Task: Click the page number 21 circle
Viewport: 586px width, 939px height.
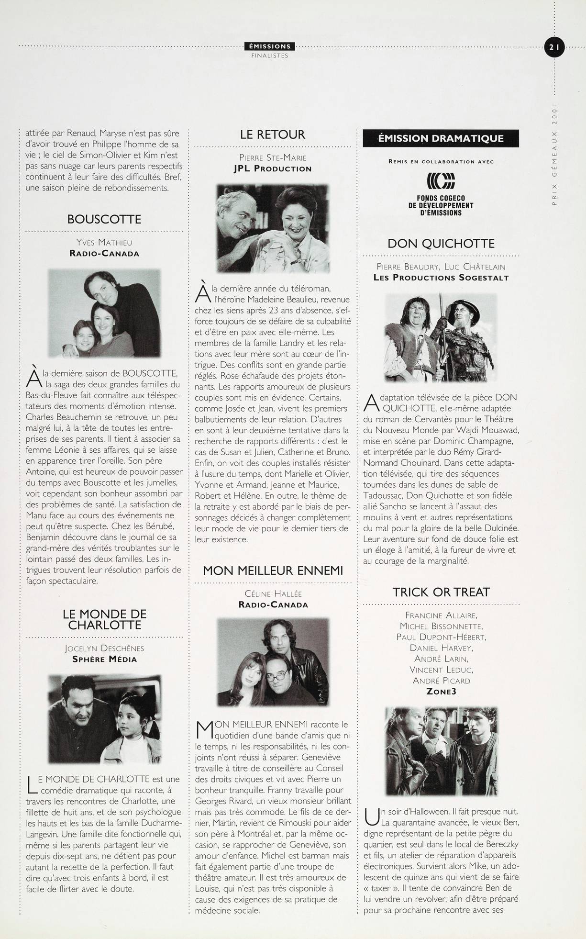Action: pyautogui.click(x=554, y=47)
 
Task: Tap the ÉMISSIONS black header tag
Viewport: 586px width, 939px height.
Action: pyautogui.click(x=270, y=46)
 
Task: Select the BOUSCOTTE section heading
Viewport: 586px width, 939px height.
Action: pyautogui.click(x=104, y=220)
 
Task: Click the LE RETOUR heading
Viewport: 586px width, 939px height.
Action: pyautogui.click(x=273, y=135)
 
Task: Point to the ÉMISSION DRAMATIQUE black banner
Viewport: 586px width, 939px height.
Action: pyautogui.click(x=441, y=139)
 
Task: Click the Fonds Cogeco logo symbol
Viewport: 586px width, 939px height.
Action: pyautogui.click(x=441, y=181)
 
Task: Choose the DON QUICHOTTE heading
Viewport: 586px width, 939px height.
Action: pyautogui.click(x=441, y=244)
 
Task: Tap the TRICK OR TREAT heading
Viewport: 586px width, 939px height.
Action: pyautogui.click(x=441, y=592)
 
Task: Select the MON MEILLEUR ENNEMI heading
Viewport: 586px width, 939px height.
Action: pyautogui.click(x=273, y=570)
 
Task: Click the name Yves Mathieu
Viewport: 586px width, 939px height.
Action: pyautogui.click(x=104, y=243)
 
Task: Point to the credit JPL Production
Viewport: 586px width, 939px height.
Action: pyautogui.click(x=273, y=168)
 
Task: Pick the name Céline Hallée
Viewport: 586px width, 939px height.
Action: pyautogui.click(x=273, y=594)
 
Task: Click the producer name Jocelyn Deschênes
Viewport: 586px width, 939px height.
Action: pyautogui.click(x=104, y=648)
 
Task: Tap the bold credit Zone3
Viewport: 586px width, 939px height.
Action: pyautogui.click(x=441, y=691)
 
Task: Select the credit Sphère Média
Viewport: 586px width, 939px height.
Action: pyautogui.click(x=104, y=659)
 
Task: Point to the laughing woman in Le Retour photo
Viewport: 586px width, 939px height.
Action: pyautogui.click(x=299, y=215)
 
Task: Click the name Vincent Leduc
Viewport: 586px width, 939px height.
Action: pyautogui.click(x=441, y=670)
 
